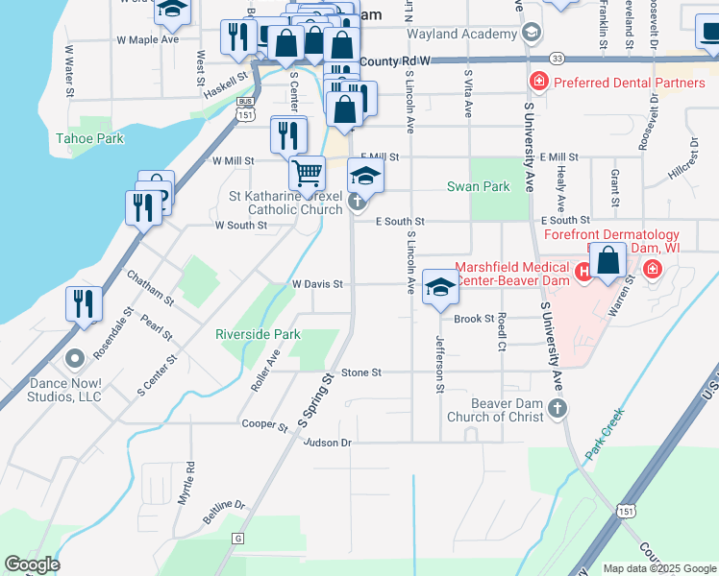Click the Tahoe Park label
(x=89, y=138)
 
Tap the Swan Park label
(x=479, y=186)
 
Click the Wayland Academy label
(x=461, y=35)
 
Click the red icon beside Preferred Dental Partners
(x=539, y=81)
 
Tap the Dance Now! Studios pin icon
(x=75, y=359)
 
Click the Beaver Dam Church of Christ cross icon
(x=557, y=411)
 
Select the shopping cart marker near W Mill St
(x=307, y=174)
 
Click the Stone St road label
(x=361, y=372)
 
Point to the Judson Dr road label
(x=327, y=443)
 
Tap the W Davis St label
(x=317, y=284)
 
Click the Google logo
(x=32, y=564)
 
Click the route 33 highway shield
(x=558, y=59)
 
